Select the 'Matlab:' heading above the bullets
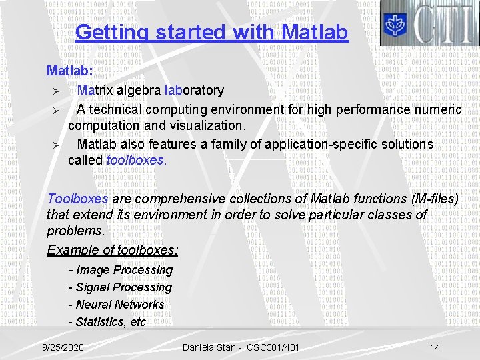pyautogui.click(x=70, y=70)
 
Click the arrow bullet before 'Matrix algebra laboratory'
pyautogui.click(x=57, y=91)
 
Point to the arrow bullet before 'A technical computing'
pyautogui.click(x=57, y=109)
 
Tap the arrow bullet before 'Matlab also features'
pyautogui.click(x=57, y=145)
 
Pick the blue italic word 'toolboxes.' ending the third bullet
pyautogui.click(x=137, y=161)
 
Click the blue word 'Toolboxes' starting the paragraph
pyautogui.click(x=77, y=199)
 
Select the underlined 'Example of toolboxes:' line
pyautogui.click(x=112, y=251)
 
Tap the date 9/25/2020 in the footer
pyautogui.click(x=63, y=347)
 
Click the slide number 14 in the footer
pyautogui.click(x=435, y=347)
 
